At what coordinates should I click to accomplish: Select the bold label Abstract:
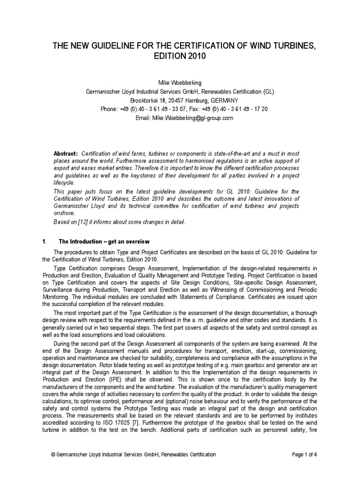pyautogui.click(x=66, y=154)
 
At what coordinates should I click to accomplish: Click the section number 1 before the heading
pyautogui.click(x=44, y=241)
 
